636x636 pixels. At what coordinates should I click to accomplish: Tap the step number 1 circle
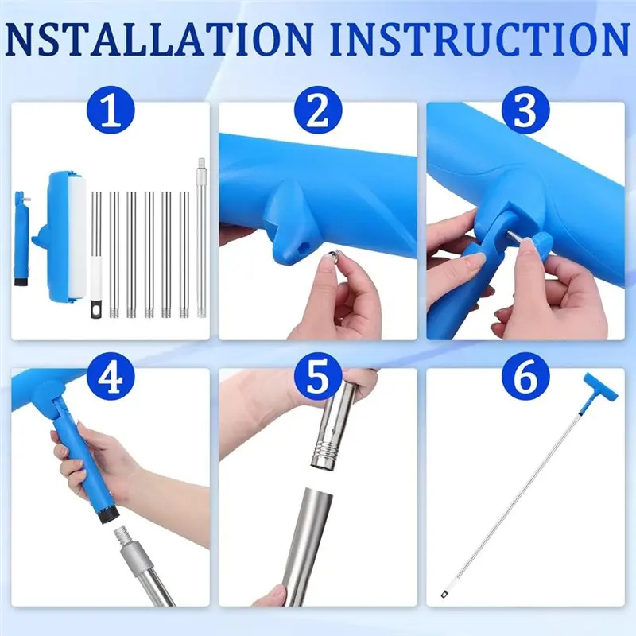point(111,110)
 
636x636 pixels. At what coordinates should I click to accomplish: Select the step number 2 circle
point(318,110)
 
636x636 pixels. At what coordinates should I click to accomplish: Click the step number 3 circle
point(525,110)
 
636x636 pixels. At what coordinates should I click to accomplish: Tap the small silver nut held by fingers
point(332,255)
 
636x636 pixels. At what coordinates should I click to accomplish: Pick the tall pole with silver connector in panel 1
point(201,238)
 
